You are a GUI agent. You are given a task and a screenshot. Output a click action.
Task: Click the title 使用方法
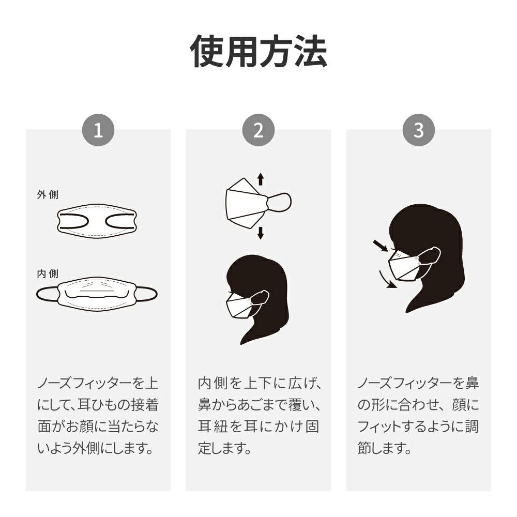(258, 51)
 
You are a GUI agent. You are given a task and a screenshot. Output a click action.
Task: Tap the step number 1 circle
(98, 130)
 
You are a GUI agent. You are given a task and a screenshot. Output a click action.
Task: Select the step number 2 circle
(258, 130)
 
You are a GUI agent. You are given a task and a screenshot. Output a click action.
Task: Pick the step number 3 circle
(419, 130)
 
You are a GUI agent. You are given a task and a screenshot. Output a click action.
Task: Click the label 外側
(48, 194)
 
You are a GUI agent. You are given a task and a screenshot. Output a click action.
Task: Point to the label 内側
(48, 273)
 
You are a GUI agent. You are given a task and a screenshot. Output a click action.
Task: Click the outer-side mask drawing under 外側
(97, 220)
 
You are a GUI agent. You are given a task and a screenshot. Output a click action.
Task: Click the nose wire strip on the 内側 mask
(97, 292)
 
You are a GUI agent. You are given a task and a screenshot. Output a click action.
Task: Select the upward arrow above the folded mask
(261, 179)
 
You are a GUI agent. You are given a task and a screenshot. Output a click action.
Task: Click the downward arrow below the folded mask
(261, 233)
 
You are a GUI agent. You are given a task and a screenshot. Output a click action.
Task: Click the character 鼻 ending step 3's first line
(472, 384)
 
